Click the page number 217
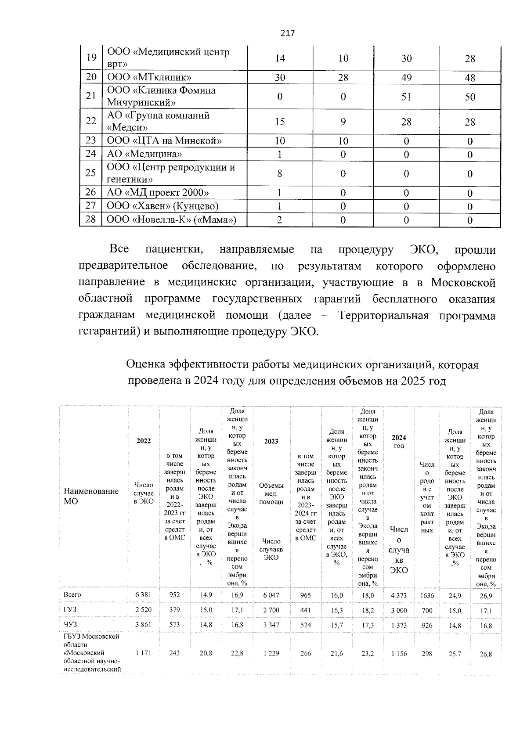pyautogui.click(x=288, y=33)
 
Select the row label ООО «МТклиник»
pyautogui.click(x=149, y=78)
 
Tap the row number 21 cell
pyautogui.click(x=91, y=96)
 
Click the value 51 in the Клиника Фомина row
pyautogui.click(x=406, y=97)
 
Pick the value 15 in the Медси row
pyautogui.click(x=280, y=122)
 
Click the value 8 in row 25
pyautogui.click(x=280, y=173)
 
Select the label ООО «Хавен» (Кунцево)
pyautogui.click(x=163, y=206)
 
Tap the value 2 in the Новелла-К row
pyautogui.click(x=280, y=220)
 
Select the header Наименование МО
pyautogui.click(x=91, y=496)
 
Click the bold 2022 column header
pyautogui.click(x=143, y=441)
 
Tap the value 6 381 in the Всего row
pyautogui.click(x=143, y=595)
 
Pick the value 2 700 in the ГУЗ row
pyautogui.click(x=271, y=610)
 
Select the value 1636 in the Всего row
pyautogui.click(x=427, y=595)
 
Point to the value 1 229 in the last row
pyautogui.click(x=271, y=654)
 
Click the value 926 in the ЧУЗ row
pyautogui.click(x=427, y=625)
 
